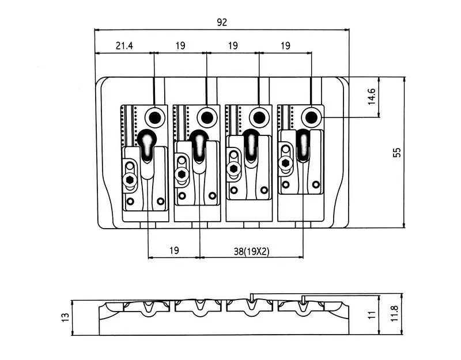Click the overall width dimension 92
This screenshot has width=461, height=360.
point(222,22)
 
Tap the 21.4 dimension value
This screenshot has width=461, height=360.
point(124,46)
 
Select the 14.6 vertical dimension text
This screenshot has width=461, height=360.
point(371,96)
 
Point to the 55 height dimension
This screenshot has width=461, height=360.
point(396,153)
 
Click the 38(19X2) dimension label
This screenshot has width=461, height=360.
point(251,251)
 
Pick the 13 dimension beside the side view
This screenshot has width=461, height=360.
point(65,317)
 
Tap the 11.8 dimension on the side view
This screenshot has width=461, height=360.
point(394,313)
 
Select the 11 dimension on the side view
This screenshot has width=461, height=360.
point(372,314)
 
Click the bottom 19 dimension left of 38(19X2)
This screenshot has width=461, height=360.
point(174,251)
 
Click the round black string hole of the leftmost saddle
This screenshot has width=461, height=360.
point(155,118)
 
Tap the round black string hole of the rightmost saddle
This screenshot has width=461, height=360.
point(311,118)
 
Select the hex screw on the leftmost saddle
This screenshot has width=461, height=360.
point(130,179)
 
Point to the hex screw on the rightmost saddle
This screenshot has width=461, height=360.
point(285,162)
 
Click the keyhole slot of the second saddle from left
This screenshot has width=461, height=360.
point(199,146)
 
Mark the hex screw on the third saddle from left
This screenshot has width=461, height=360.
point(233,168)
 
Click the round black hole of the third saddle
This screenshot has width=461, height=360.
point(259,118)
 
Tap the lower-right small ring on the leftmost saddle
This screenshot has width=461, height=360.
point(161,201)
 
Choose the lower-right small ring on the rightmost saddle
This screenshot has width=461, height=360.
point(316,184)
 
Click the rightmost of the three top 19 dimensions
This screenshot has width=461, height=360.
point(285,46)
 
